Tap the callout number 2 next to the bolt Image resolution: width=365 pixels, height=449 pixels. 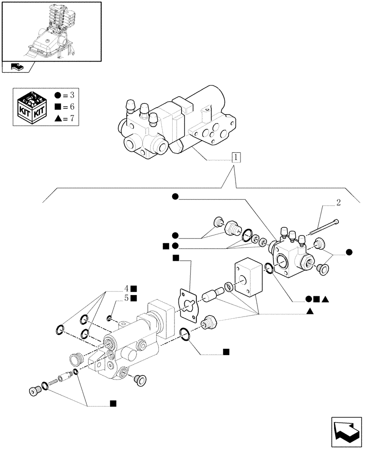coord(338,202)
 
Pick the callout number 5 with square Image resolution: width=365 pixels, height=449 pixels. coord(130,298)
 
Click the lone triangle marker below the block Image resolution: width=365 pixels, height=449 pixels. coord(311,311)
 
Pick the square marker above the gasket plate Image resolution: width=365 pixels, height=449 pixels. coord(176,258)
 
